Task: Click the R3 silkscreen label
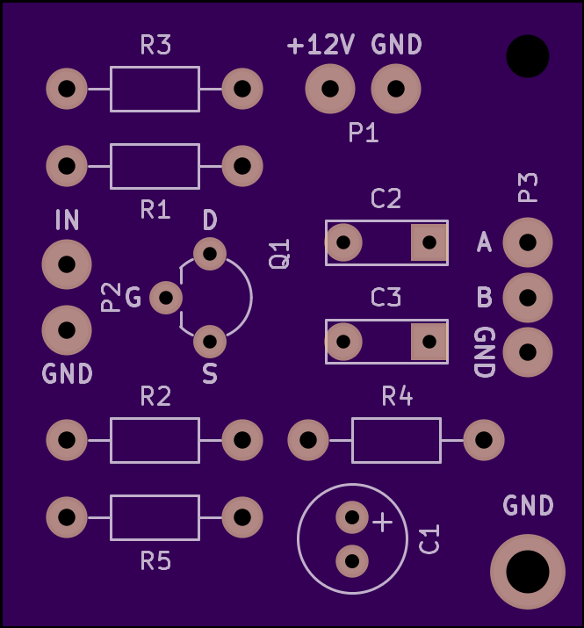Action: pyautogui.click(x=155, y=45)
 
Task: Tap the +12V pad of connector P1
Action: pyautogui.click(x=330, y=89)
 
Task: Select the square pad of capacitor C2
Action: pyautogui.click(x=429, y=242)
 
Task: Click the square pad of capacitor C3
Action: pyautogui.click(x=429, y=342)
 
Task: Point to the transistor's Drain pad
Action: pyautogui.click(x=210, y=254)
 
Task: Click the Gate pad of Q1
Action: pyautogui.click(x=166, y=298)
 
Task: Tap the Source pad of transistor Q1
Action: pyautogui.click(x=210, y=342)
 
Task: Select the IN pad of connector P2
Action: pyautogui.click(x=67, y=264)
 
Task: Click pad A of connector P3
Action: pyautogui.click(x=528, y=242)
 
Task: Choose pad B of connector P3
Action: pyautogui.click(x=528, y=298)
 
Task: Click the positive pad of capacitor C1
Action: pyautogui.click(x=352, y=517)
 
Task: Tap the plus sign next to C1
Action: pyautogui.click(x=383, y=523)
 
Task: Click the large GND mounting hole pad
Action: pyautogui.click(x=528, y=572)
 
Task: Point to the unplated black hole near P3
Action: pyautogui.click(x=528, y=56)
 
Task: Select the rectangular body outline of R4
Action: pyautogui.click(x=397, y=418)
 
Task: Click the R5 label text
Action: pyautogui.click(x=155, y=560)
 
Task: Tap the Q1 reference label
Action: pyautogui.click(x=279, y=254)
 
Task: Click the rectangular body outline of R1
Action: pyautogui.click(x=155, y=144)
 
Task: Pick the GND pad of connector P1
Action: pyautogui.click(x=396, y=89)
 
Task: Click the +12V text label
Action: pyautogui.click(x=321, y=45)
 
